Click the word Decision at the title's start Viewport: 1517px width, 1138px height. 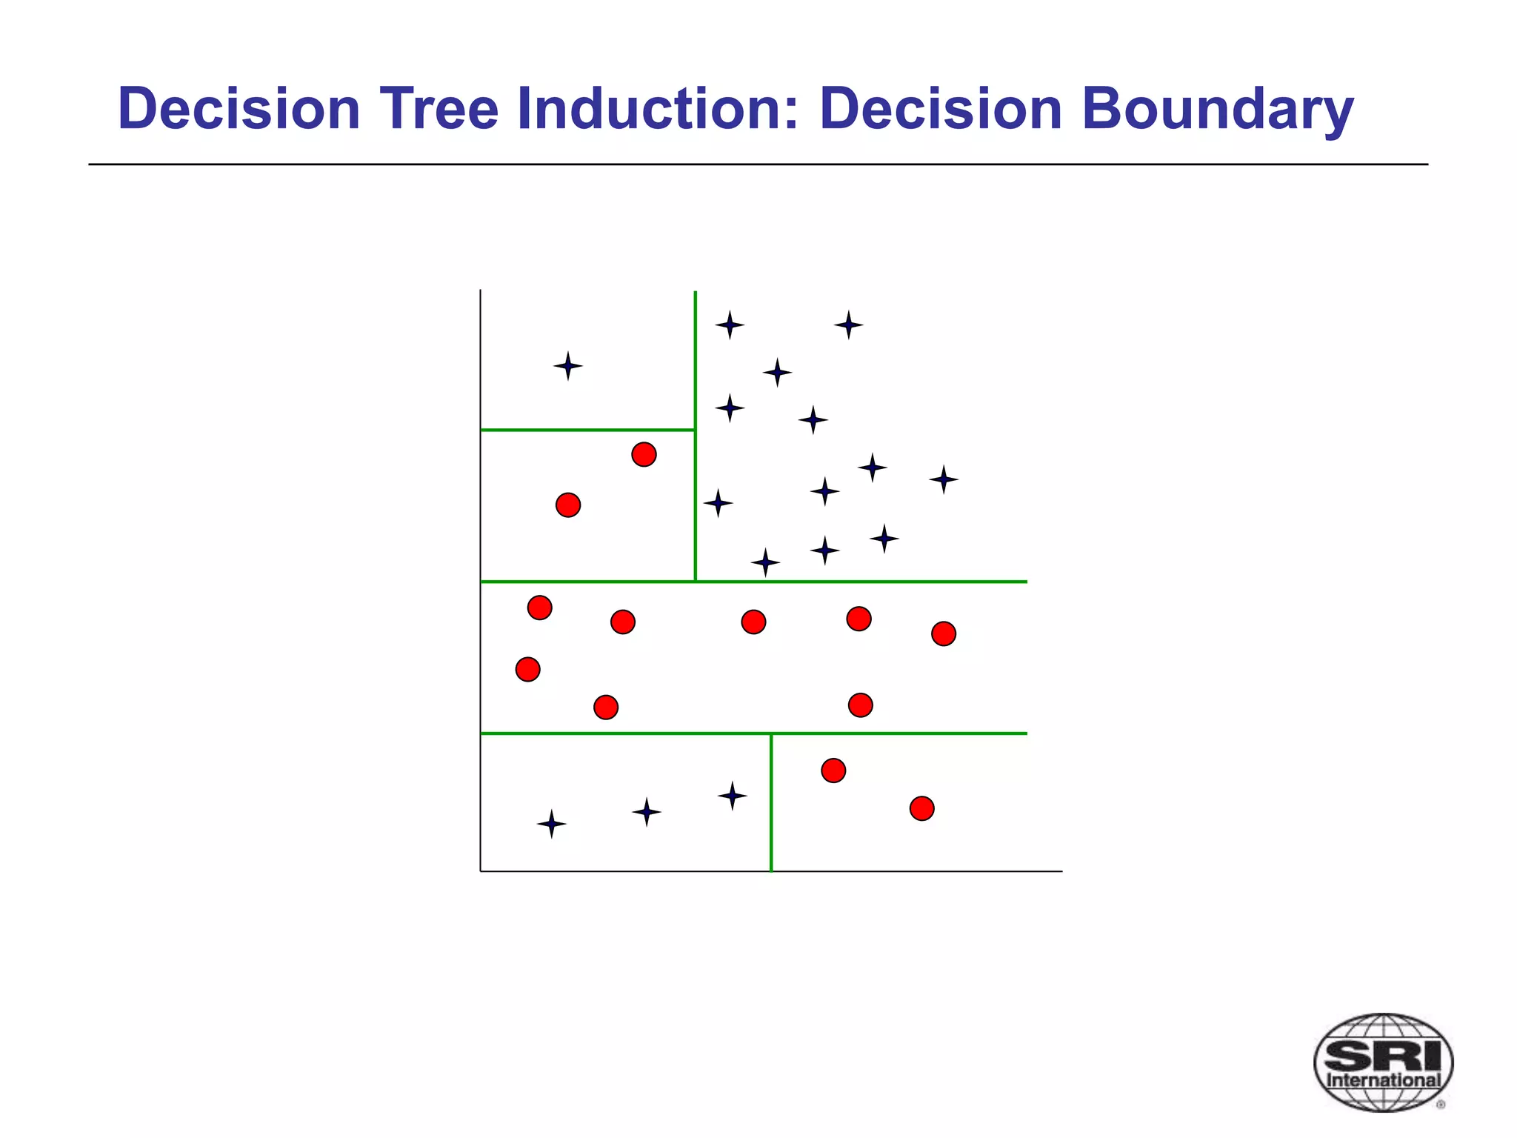pos(239,109)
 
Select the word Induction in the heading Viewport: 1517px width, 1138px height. pos(658,109)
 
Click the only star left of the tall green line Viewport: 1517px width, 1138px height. pos(568,366)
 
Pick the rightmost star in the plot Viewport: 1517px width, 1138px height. pos(944,480)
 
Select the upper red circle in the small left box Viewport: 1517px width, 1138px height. pos(644,454)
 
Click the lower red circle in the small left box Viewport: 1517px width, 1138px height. pos(568,505)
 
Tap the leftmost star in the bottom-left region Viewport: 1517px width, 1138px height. pos(551,824)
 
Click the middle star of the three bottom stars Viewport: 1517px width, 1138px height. pos(647,812)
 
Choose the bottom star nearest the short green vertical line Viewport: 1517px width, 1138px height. pos(732,796)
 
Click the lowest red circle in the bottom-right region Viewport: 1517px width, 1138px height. pos(921,808)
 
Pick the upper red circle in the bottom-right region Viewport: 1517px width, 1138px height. pos(833,771)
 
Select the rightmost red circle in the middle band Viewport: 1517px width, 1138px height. pos(944,633)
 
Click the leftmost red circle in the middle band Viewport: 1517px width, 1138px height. pos(527,670)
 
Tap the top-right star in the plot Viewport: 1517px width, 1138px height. pos(848,325)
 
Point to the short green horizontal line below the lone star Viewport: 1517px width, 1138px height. pos(587,430)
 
